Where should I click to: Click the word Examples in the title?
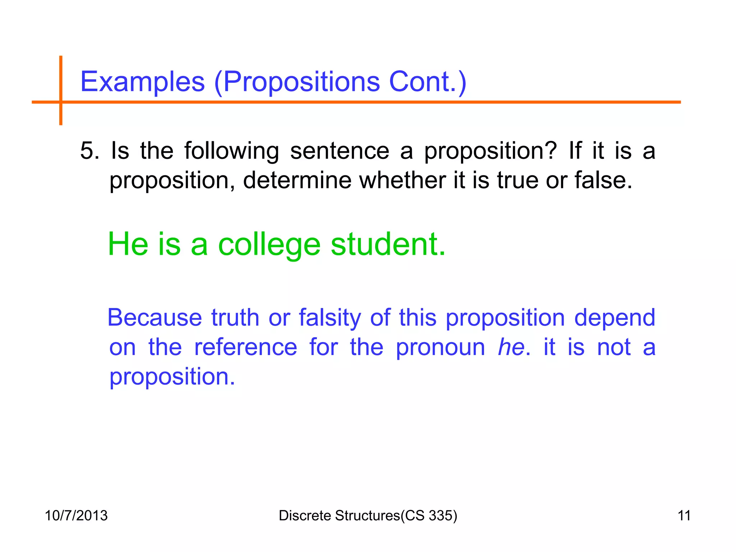click(143, 82)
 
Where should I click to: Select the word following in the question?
click(231, 151)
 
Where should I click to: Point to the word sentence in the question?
click(340, 151)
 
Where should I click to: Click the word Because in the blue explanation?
click(155, 318)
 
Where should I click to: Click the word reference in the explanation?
click(245, 348)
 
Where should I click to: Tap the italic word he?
click(511, 348)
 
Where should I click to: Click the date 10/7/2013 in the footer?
click(76, 516)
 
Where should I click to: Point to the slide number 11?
click(684, 516)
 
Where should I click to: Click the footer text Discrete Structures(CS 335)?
click(368, 516)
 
